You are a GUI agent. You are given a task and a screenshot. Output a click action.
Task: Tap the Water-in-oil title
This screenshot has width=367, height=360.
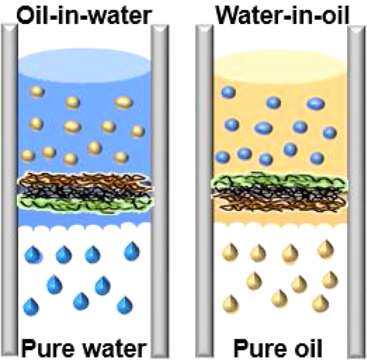(283, 14)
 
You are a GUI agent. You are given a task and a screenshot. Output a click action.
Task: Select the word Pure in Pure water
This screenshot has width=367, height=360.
(50, 348)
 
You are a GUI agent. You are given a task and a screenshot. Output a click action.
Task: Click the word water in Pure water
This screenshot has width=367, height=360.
(115, 349)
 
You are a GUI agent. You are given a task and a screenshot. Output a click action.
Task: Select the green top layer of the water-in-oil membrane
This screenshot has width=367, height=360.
(279, 180)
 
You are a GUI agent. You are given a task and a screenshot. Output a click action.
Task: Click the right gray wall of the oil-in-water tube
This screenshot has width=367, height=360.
(159, 192)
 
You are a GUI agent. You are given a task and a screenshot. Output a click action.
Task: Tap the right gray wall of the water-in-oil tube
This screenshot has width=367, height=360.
(356, 192)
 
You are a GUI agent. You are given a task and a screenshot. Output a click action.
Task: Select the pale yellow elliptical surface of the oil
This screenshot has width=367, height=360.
(281, 66)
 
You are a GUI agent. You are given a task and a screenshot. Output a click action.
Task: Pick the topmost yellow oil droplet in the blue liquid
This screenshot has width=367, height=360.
(37, 92)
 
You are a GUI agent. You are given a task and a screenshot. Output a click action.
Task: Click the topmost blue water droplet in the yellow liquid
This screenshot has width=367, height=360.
(228, 92)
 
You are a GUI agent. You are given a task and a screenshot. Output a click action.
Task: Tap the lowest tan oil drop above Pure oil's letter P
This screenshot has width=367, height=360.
(230, 305)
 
